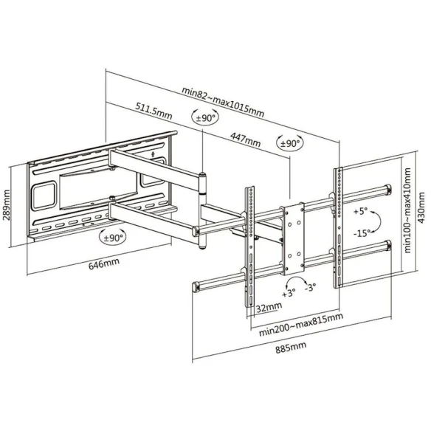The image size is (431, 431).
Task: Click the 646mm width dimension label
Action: pyautogui.click(x=104, y=263)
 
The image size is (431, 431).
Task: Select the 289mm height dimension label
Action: pyautogui.click(x=7, y=204)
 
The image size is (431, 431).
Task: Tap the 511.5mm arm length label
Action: pyautogui.click(x=154, y=111)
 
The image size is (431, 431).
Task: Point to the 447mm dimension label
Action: pyautogui.click(x=246, y=139)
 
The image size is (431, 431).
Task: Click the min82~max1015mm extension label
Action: pyautogui.click(x=223, y=102)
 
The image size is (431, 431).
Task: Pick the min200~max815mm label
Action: pyautogui.click(x=301, y=324)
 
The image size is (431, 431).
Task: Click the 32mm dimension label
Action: pyautogui.click(x=269, y=307)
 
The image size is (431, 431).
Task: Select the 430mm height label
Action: pyautogui.click(x=421, y=208)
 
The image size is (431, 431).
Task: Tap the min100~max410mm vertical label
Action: pyautogui.click(x=407, y=210)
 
